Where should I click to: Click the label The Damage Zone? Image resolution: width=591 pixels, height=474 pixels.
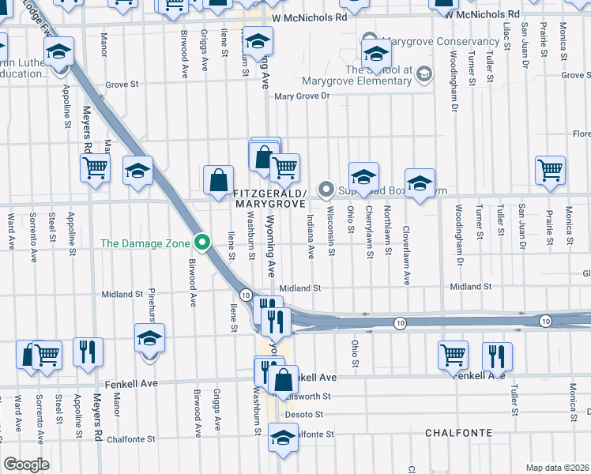pos(147,243)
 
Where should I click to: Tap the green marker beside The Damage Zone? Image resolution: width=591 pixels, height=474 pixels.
pos(203,243)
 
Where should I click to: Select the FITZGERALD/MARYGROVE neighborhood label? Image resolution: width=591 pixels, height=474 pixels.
pos(269,198)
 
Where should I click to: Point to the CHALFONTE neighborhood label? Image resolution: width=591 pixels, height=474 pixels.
pos(458,433)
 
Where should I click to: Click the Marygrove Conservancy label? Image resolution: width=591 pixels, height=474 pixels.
pos(439,42)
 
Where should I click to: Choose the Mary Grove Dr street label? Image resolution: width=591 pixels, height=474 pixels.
pos(300,96)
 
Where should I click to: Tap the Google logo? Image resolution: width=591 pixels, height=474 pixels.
pos(26,465)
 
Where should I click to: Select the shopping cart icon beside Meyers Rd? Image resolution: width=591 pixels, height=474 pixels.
pos(95,167)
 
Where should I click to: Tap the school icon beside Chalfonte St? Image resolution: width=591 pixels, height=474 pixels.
pos(282,436)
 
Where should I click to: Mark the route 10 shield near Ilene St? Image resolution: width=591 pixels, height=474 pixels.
pos(247,295)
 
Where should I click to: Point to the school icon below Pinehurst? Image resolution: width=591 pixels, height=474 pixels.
pos(149,339)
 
